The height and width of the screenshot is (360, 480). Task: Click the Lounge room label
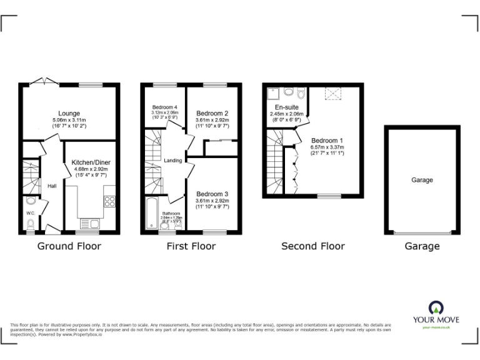click(69, 113)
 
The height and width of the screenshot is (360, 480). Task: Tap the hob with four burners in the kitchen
click(109, 201)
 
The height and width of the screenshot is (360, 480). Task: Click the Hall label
click(53, 186)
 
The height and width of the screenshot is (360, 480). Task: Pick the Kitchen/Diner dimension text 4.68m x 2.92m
click(91, 169)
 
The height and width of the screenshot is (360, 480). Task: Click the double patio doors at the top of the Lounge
click(42, 81)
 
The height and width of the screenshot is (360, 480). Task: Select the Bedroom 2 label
click(212, 113)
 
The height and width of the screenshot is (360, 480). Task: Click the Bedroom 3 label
click(212, 194)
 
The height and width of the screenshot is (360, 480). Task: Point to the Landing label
click(172, 161)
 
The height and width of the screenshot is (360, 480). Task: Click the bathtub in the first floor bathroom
click(151, 214)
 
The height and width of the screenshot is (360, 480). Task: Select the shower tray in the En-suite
click(272, 94)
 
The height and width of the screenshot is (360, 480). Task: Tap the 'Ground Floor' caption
click(69, 246)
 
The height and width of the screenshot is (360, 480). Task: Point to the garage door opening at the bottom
click(422, 233)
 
